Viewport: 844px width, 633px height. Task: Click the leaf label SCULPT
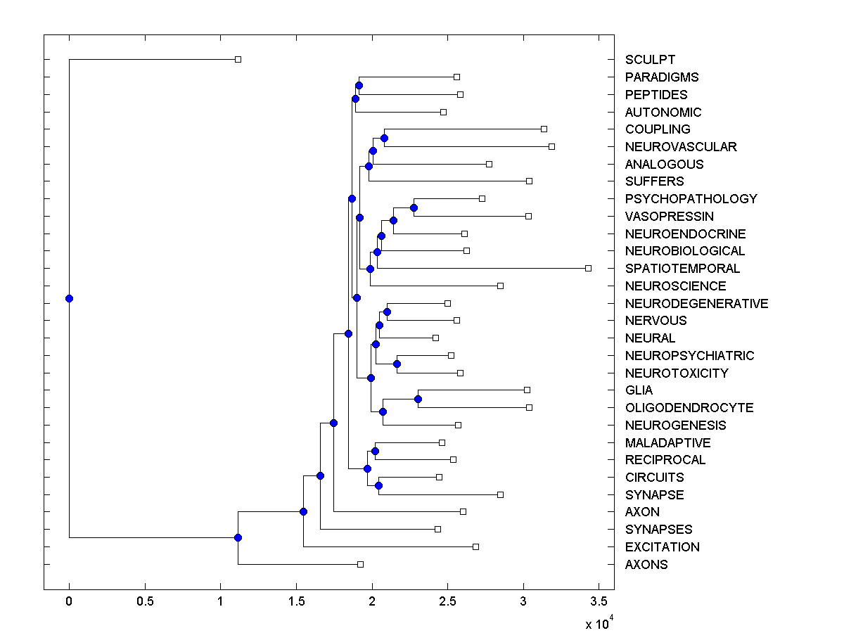point(649,60)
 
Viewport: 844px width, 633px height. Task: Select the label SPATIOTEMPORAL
point(682,269)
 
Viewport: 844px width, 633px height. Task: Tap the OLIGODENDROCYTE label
point(689,408)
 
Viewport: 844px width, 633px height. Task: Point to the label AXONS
point(646,565)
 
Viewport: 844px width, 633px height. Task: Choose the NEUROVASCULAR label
point(680,147)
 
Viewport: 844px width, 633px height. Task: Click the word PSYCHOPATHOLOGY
point(691,199)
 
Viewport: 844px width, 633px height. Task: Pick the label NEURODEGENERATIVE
point(696,304)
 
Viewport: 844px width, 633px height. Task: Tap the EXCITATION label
point(662,547)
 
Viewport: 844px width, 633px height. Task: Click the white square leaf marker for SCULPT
point(238,59)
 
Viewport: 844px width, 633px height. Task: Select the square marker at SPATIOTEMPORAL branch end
point(589,268)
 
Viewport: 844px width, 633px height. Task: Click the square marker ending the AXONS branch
point(360,564)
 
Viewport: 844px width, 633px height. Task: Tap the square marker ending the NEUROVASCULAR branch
point(551,146)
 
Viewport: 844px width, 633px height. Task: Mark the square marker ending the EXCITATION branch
point(475,546)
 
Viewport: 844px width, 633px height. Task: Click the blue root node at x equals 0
point(69,298)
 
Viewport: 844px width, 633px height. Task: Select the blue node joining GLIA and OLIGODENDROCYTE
point(418,399)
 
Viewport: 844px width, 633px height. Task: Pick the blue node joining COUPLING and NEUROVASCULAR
point(384,138)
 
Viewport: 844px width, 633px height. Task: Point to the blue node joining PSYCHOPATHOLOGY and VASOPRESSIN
point(414,207)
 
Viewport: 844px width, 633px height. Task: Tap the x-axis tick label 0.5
point(145,602)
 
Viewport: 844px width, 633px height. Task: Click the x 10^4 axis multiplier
point(599,623)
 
